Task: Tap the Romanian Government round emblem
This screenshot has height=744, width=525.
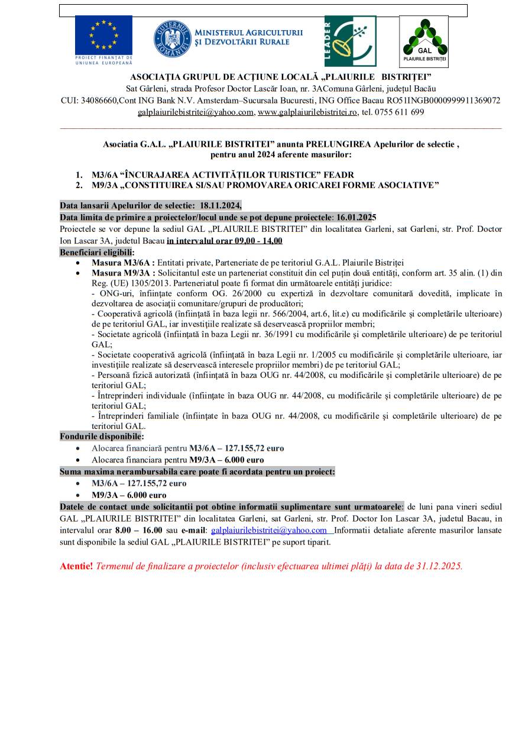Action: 173,39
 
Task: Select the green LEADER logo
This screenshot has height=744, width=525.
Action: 350,41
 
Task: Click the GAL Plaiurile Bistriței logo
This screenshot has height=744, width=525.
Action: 423,41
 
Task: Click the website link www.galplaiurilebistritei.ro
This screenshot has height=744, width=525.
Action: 307,112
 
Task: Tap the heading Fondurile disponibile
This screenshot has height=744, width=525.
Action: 101,436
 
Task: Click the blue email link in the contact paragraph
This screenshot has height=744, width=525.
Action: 269,530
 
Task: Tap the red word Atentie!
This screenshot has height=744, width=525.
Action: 76,566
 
